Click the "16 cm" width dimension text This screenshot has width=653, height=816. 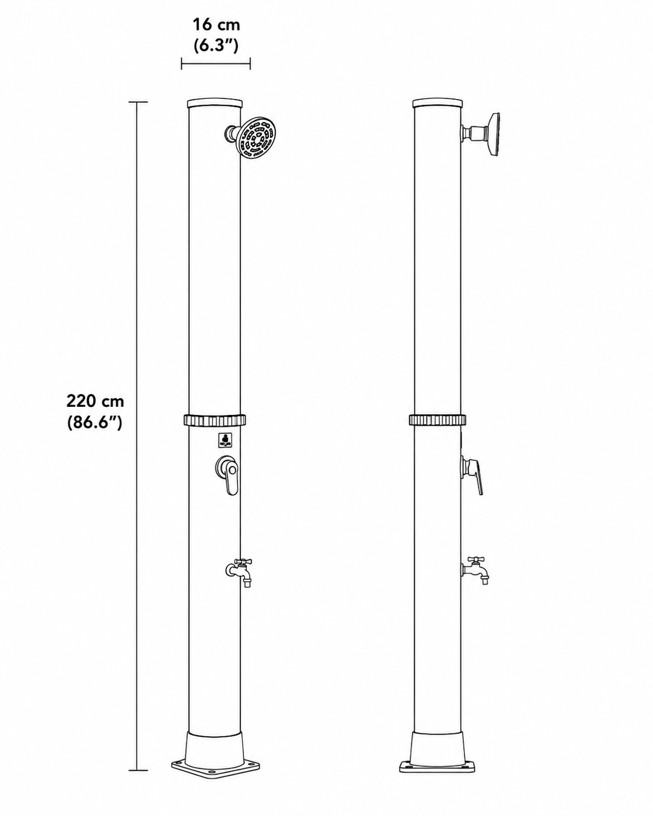(217, 25)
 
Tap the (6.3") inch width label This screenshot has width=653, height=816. (216, 45)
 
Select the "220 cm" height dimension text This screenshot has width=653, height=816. (95, 401)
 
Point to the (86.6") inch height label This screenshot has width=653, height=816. (95, 421)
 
